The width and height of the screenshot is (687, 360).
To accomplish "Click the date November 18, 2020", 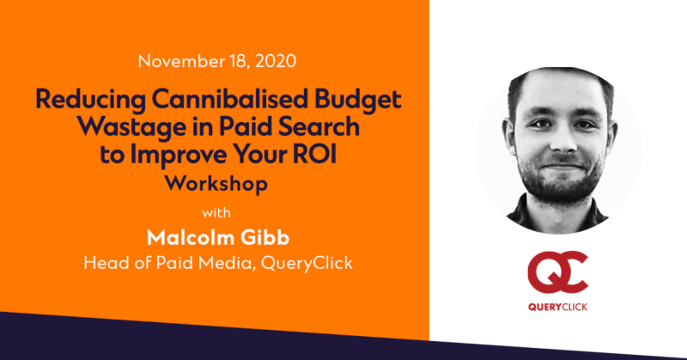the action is (x=217, y=61).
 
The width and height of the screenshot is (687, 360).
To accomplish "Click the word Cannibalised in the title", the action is (x=230, y=99).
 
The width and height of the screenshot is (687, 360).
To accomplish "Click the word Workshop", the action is (x=216, y=184).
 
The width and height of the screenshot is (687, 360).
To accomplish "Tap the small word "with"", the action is (x=216, y=213).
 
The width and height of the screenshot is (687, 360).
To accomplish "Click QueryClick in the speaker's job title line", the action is (x=307, y=264).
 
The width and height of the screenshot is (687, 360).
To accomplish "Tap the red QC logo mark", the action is (x=557, y=272).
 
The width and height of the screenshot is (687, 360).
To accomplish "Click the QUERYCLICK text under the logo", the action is (x=557, y=307).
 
